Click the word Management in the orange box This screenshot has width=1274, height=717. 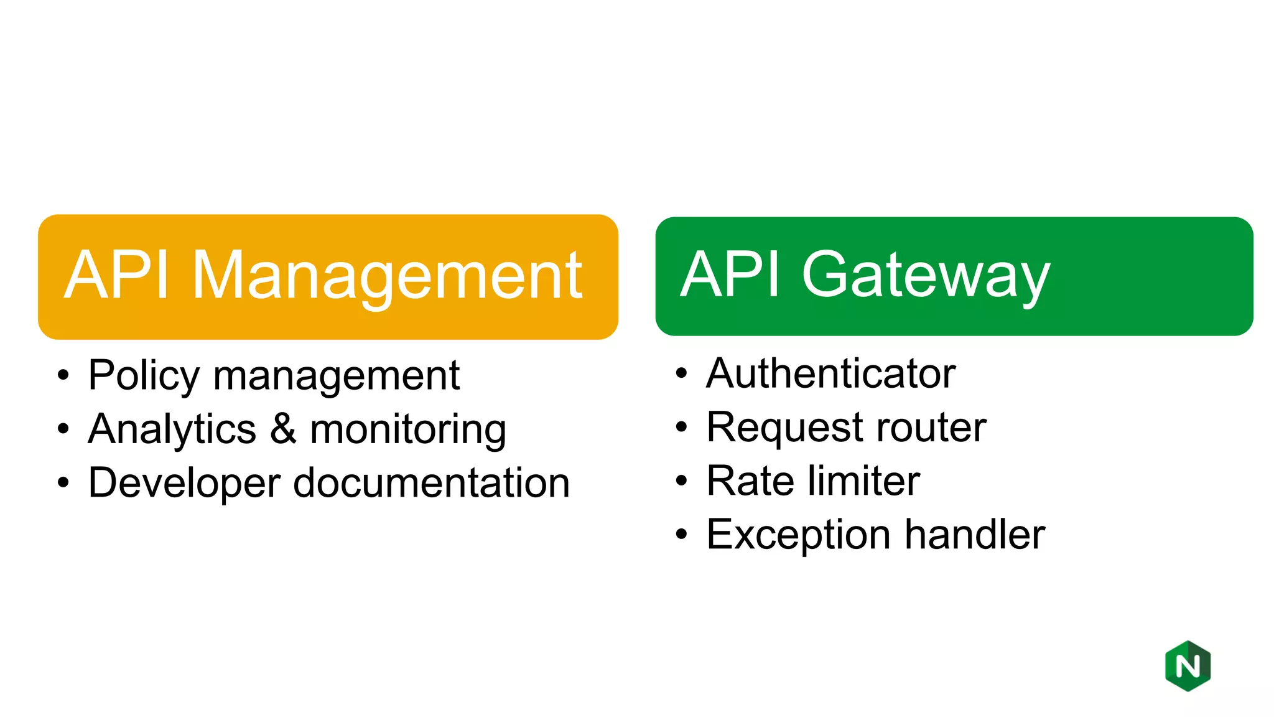(x=387, y=277)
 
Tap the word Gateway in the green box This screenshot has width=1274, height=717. (x=926, y=276)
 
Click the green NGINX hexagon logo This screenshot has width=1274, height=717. (x=1188, y=666)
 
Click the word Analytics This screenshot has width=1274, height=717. (x=172, y=429)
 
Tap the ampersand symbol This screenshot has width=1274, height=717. (x=283, y=429)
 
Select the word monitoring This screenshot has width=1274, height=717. (x=408, y=431)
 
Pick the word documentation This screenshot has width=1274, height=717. (x=431, y=483)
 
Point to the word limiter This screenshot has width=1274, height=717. (x=868, y=481)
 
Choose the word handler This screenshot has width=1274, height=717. (x=975, y=535)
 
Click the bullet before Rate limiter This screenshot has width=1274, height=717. (x=682, y=481)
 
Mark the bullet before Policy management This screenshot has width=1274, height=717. (x=63, y=375)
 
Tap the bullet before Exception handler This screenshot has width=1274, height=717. (x=682, y=535)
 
